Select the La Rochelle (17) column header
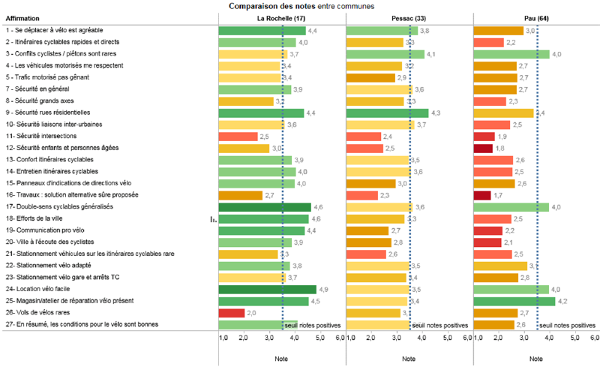[x=280, y=18]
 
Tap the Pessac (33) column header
[x=409, y=18]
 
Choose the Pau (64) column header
[x=535, y=18]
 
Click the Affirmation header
[x=22, y=18]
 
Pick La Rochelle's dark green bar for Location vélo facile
[x=267, y=289]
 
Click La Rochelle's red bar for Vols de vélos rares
[x=232, y=312]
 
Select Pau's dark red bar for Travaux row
[x=482, y=195]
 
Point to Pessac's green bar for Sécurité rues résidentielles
[x=387, y=113]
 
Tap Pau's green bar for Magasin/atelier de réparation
[x=514, y=301]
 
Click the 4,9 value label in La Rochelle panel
[x=323, y=289]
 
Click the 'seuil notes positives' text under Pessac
[x=440, y=326]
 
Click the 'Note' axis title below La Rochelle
[x=280, y=359]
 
